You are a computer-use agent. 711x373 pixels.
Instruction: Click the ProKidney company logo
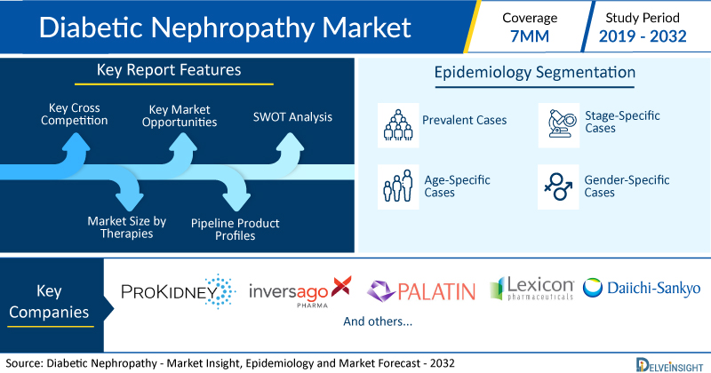point(179,291)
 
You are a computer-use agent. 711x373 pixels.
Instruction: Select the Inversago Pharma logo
point(300,292)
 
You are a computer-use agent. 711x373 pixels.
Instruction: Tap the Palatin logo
point(421,291)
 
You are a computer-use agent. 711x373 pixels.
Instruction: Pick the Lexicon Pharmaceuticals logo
point(531,289)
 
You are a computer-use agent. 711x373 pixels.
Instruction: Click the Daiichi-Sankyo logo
point(642,289)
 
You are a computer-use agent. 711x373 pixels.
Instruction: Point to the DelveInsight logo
point(669,365)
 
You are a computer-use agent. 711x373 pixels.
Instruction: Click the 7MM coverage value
point(530,36)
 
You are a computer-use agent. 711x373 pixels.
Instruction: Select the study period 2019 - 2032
point(643,36)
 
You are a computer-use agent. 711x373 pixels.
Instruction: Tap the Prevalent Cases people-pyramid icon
point(398,125)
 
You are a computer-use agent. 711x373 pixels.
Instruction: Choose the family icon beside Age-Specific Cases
point(398,186)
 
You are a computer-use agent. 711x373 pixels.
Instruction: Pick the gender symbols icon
point(558,186)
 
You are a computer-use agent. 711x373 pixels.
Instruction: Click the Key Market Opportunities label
point(180,115)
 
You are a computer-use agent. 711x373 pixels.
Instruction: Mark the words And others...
point(377,321)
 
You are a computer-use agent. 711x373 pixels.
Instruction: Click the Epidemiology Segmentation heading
point(535,73)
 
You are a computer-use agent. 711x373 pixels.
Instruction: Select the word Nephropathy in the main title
point(232,28)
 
